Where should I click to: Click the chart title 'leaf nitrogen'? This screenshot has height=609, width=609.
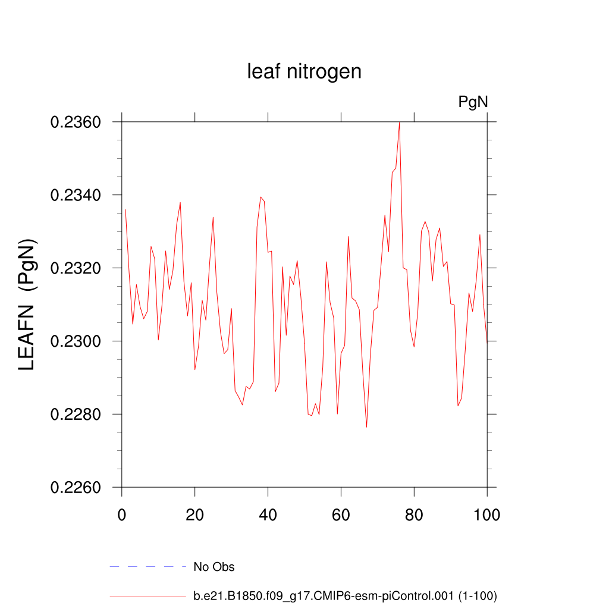point(304,72)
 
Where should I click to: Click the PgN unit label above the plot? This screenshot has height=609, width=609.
point(473,102)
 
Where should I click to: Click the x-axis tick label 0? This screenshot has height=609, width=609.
point(122,514)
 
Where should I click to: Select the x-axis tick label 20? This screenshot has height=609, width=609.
point(195,514)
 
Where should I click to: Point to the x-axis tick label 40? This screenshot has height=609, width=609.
point(268,514)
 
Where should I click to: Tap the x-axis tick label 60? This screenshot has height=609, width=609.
point(341,514)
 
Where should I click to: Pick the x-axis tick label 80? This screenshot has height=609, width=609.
point(415,514)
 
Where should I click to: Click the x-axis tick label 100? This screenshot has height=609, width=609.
point(487,514)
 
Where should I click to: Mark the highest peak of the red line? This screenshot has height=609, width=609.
point(399,123)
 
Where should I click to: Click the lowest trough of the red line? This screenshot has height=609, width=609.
point(366,427)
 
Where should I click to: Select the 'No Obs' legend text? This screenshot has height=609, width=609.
point(214,567)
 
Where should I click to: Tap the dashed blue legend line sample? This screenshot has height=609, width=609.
point(148,567)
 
